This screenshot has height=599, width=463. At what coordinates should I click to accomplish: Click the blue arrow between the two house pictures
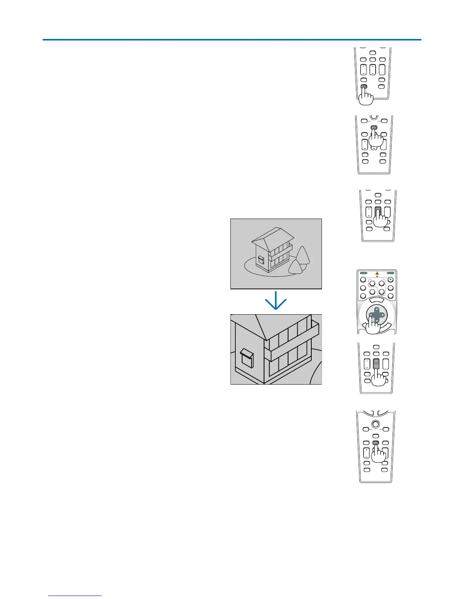276,301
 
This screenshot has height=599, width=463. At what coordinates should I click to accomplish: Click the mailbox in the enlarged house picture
246,357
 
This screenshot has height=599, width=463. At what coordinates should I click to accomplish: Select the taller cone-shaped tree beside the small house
303,255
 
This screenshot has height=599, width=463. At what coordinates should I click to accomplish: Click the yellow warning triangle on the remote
377,273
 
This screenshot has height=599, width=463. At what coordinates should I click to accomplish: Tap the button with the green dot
391,280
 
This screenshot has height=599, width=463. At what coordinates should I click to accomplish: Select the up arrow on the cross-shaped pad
376,310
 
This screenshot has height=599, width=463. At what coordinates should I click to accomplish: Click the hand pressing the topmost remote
365,97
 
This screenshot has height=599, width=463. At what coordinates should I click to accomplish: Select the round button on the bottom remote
376,424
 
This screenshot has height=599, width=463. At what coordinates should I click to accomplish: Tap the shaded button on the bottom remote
376,443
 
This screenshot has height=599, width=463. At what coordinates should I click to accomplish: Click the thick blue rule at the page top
231,39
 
